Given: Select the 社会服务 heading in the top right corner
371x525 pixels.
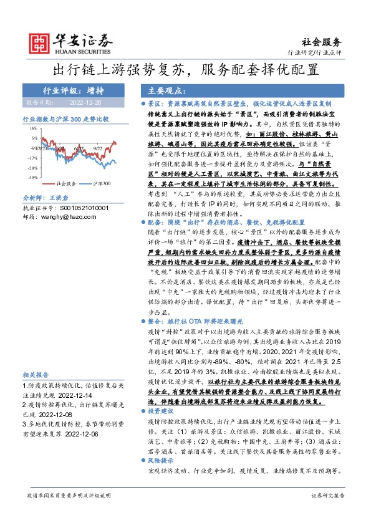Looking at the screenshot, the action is coord(325,42).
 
